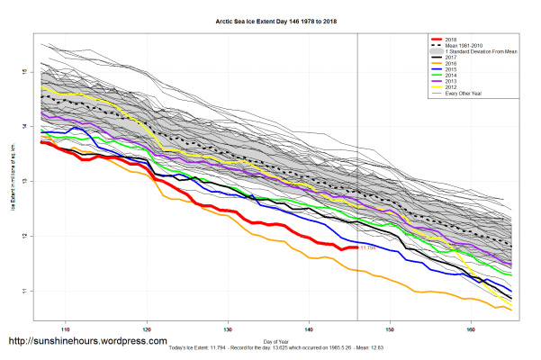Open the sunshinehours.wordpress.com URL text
[x=87, y=342]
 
